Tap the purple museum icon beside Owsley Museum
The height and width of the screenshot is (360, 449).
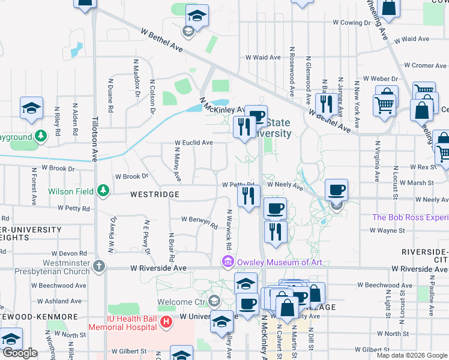[228, 262]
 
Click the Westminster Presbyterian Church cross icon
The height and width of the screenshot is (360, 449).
[99, 265]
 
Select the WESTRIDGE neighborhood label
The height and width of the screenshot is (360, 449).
[155, 195]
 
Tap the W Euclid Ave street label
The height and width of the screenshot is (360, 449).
[193, 143]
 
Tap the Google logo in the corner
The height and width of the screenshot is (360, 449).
[20, 353]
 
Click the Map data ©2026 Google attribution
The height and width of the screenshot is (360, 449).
[411, 355]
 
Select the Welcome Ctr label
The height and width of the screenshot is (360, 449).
[181, 301]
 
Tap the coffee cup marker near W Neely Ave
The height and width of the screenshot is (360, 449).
[336, 190]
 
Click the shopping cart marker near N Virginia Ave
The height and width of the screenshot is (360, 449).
[384, 104]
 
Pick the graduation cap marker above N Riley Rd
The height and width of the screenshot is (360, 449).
[31, 107]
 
